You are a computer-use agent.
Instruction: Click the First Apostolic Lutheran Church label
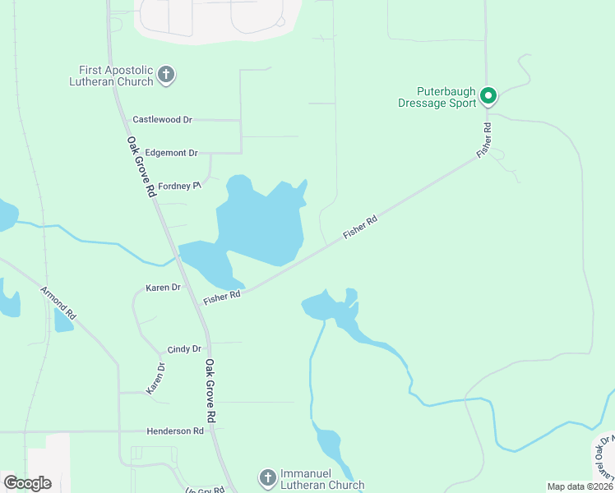click(x=116, y=76)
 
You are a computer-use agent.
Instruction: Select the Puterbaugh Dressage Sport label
click(x=437, y=97)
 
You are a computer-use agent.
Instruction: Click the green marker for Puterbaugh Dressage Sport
click(x=488, y=96)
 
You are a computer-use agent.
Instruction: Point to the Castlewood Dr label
click(x=162, y=120)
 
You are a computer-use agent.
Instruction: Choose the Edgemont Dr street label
click(x=171, y=153)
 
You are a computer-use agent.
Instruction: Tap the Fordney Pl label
click(x=179, y=186)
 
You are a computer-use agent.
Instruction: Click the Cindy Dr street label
click(x=184, y=349)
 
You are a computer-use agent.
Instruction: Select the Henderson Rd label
click(x=174, y=431)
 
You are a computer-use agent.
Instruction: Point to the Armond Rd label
click(x=58, y=302)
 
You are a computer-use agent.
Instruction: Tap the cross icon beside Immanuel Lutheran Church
click(x=267, y=478)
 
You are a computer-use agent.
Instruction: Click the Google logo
click(x=27, y=482)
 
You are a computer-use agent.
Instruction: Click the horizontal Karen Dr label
click(x=163, y=288)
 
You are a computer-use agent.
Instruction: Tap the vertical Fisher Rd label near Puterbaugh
click(x=486, y=141)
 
